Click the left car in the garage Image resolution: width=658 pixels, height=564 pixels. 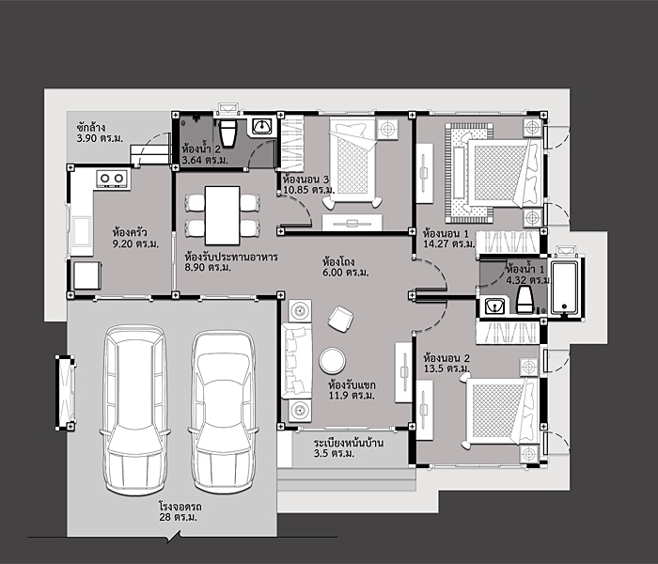tap(138, 409)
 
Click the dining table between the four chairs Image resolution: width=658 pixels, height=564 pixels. tap(222, 214)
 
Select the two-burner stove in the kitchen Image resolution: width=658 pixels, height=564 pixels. tap(112, 177)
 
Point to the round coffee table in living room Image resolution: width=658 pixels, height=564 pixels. tap(332, 361)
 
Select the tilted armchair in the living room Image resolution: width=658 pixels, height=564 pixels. tap(339, 319)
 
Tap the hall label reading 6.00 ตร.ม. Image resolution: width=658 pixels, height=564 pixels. tap(344, 273)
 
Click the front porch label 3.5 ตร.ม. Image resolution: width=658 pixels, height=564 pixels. tap(332, 454)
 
